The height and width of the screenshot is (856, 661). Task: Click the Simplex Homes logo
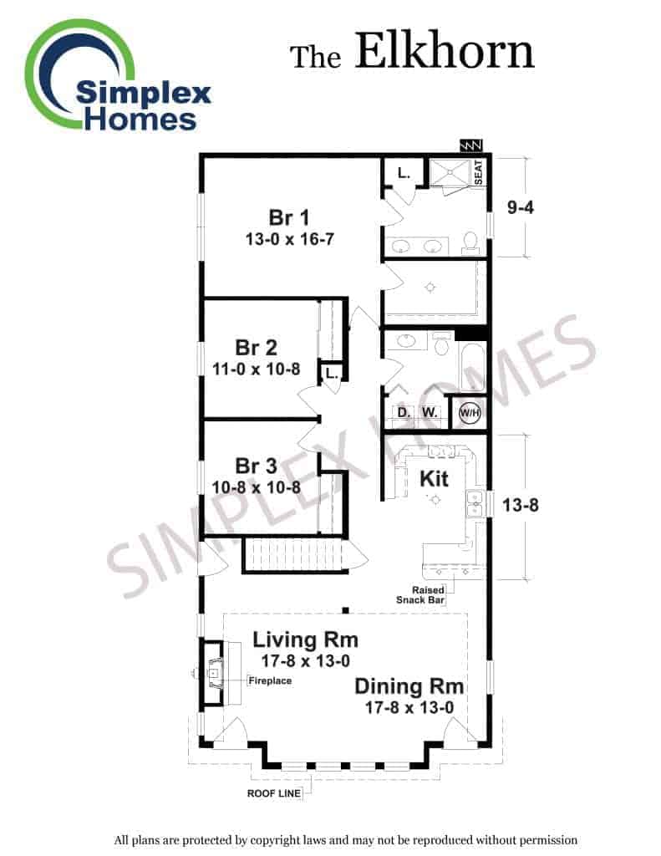117,76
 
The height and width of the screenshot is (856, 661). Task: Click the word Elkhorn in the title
445,51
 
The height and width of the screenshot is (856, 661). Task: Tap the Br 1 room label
289,217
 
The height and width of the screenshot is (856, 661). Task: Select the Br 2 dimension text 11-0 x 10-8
256,369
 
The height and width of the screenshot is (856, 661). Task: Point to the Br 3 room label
256,466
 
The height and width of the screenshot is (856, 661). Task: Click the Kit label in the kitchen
434,479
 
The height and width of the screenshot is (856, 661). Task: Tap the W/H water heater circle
470,413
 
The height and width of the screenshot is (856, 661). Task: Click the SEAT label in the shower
478,172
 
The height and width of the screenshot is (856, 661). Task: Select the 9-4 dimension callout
520,207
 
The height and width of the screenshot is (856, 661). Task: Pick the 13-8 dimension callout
520,505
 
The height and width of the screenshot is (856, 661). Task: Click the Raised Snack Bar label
420,595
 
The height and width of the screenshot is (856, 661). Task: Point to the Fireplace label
270,680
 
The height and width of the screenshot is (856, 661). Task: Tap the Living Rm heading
305,639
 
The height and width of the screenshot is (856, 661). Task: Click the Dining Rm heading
409,687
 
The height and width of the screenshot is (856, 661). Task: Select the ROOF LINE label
274,793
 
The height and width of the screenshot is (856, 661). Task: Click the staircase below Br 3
295,555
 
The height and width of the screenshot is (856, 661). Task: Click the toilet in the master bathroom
470,242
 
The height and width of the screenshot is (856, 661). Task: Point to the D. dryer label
404,412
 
